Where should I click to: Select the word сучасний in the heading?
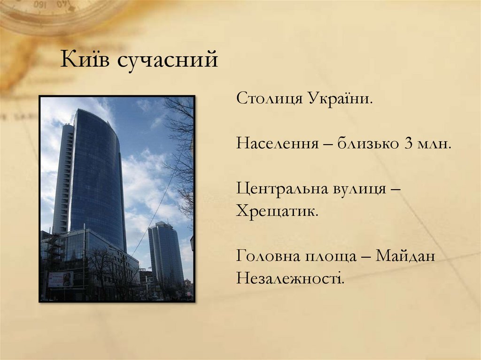tap(167, 61)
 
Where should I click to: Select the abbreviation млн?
tap(434, 143)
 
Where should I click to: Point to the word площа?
tap(335, 257)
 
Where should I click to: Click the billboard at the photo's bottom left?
tap(61, 279)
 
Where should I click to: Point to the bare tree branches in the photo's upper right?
tap(181, 141)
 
